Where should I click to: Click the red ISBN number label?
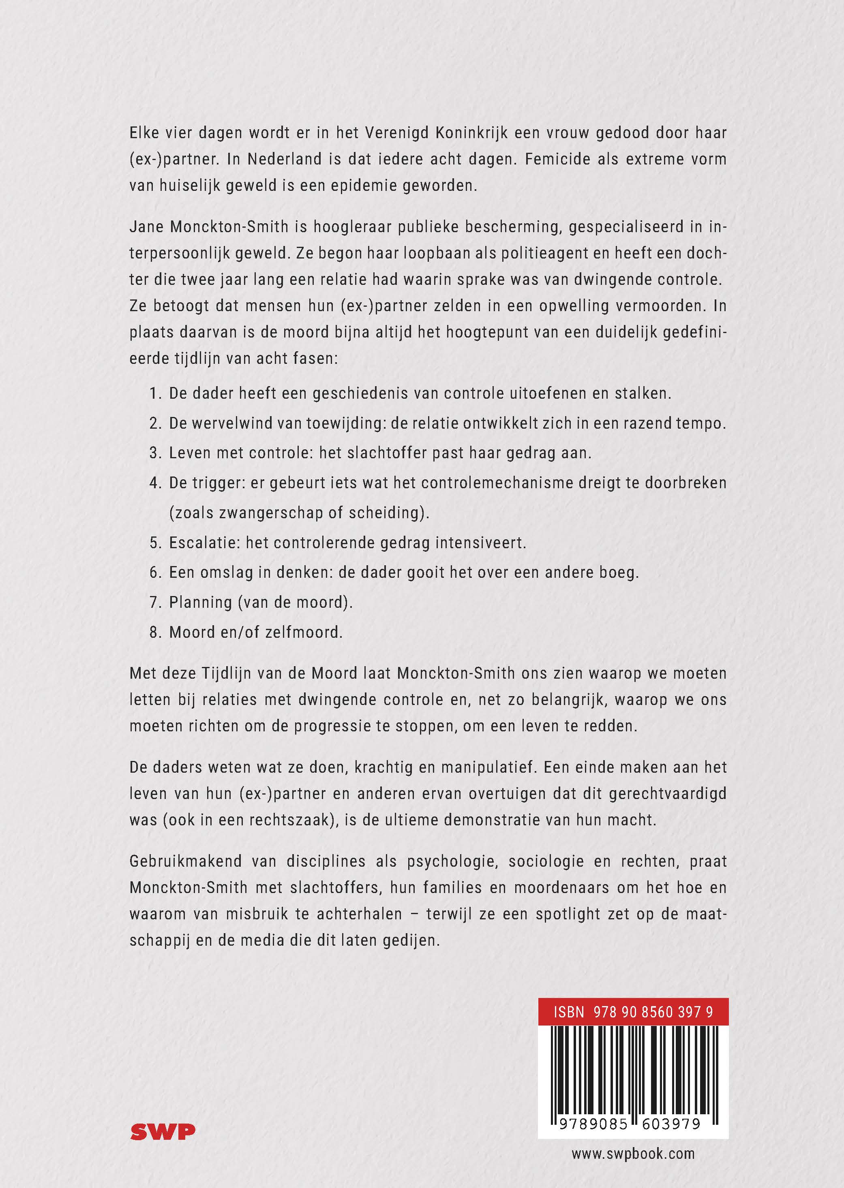633,1012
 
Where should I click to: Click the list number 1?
155,393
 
